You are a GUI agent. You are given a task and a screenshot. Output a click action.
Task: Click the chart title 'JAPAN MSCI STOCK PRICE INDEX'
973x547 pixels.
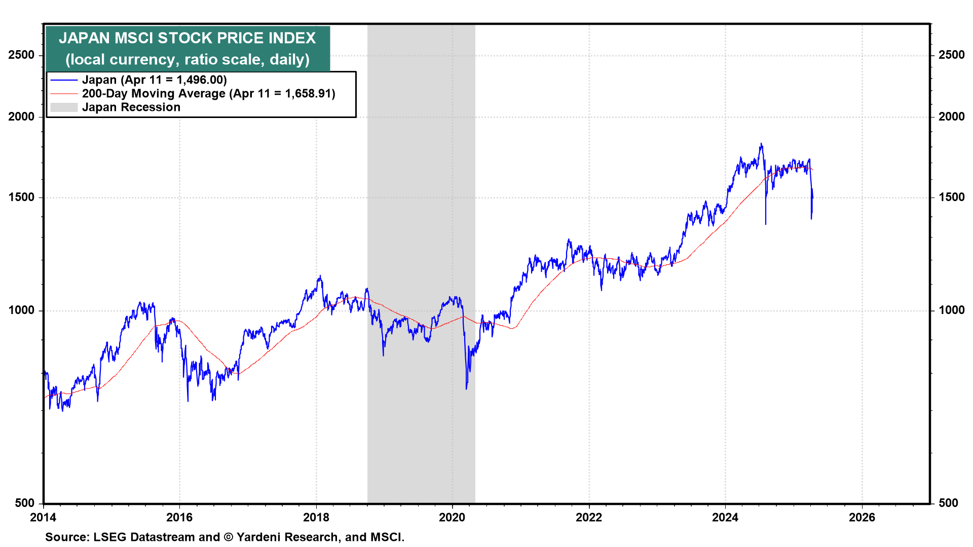[187, 38]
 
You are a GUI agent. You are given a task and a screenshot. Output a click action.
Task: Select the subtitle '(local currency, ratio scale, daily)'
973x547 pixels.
[187, 60]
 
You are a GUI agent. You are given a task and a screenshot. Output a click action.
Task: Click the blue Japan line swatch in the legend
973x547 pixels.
[64, 80]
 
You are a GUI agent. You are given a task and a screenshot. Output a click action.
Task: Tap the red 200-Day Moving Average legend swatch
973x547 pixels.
[64, 94]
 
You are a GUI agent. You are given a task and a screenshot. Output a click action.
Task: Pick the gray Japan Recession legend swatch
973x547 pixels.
[64, 107]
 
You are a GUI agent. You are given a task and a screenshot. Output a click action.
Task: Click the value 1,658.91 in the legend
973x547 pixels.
[308, 94]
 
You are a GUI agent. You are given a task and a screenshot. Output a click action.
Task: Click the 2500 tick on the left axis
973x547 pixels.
[21, 55]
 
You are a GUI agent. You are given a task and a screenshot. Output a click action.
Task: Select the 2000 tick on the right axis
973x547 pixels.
[951, 116]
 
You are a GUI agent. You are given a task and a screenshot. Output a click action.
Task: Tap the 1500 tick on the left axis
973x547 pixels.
[21, 198]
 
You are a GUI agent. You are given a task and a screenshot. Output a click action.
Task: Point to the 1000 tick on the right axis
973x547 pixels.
[951, 310]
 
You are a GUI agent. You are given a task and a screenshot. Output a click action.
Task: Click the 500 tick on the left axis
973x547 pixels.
[25, 503]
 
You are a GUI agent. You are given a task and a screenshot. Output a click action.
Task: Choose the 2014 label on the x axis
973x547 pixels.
[44, 517]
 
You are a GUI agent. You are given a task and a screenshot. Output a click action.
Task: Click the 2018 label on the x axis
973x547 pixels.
[316, 517]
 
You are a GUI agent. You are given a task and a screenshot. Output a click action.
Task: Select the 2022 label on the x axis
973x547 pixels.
[589, 517]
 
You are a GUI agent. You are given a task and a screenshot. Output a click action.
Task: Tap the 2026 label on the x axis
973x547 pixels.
[862, 517]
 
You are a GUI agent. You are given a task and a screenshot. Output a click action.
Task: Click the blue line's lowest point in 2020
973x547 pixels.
[466, 388]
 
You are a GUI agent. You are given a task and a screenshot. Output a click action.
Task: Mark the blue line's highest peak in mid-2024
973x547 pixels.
[761, 144]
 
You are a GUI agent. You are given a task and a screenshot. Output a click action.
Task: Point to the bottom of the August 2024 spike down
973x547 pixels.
[765, 224]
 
